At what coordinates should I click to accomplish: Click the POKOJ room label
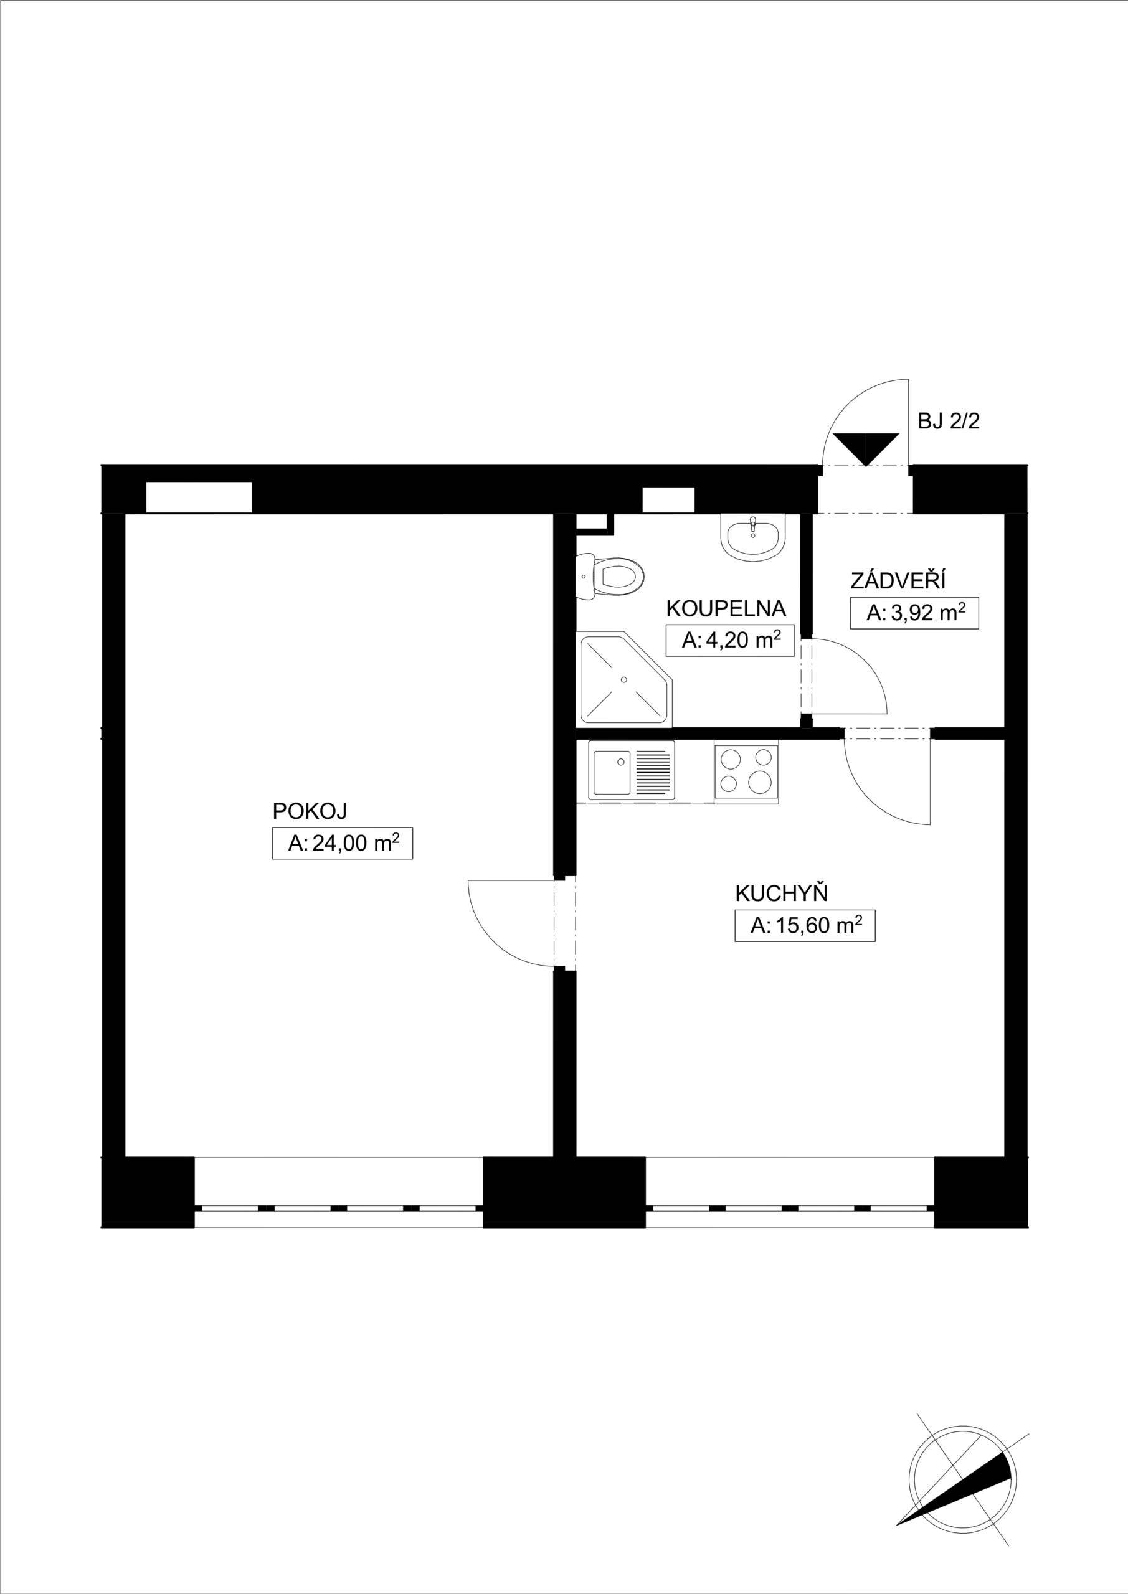pos(309,811)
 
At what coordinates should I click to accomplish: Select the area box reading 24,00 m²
pos(343,844)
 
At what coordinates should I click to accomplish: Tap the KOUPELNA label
pos(726,609)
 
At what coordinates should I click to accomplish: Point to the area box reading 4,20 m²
pos(729,640)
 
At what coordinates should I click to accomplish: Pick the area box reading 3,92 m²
pos(915,613)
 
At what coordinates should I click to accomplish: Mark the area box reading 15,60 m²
pos(805,925)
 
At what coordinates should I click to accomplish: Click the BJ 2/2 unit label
pos(949,422)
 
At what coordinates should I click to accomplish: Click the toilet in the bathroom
pos(610,576)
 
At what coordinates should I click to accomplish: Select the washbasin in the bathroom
pos(753,537)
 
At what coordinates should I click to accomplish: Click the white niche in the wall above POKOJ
pos(199,497)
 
